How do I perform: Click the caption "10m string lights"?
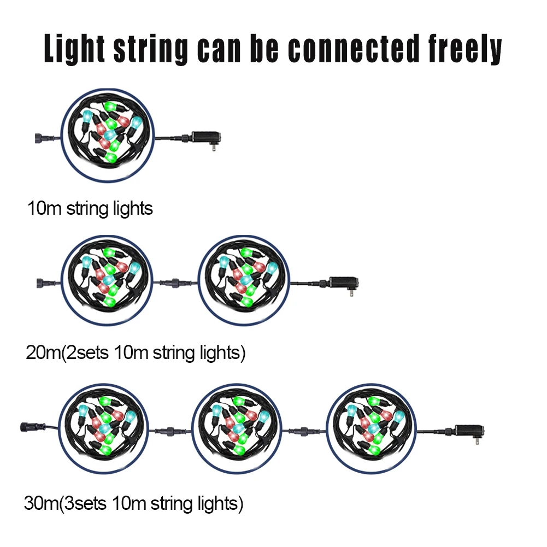pos(90,208)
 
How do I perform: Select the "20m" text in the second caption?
pos(43,353)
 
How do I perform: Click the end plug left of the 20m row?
pos(43,283)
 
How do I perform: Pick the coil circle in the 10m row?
pos(108,136)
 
